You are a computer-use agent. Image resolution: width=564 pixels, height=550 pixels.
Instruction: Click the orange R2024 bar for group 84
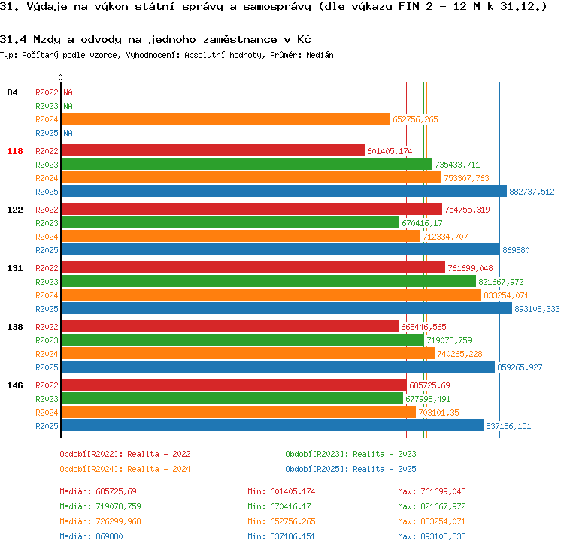pyautogui.click(x=226, y=119)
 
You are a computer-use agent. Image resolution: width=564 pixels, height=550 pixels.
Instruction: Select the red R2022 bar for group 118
pyautogui.click(x=213, y=150)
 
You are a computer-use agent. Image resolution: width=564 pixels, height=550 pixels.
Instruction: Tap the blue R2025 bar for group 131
pyautogui.click(x=287, y=308)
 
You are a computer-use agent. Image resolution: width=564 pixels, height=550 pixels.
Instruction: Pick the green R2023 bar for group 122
pyautogui.click(x=230, y=223)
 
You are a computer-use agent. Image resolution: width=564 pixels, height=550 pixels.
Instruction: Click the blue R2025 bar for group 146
pyautogui.click(x=272, y=425)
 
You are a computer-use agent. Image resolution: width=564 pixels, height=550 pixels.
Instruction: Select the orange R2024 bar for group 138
pyautogui.click(x=248, y=353)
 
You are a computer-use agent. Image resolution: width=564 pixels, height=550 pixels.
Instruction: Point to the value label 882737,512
pyautogui.click(x=532, y=192)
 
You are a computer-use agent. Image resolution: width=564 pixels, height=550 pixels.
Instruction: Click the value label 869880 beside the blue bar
pyautogui.click(x=516, y=250)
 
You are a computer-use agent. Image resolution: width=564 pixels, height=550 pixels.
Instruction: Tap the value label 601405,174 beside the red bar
pyautogui.click(x=390, y=151)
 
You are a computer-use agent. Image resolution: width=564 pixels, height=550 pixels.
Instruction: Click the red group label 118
pyautogui.click(x=15, y=151)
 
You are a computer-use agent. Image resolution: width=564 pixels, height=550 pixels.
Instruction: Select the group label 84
pyautogui.click(x=12, y=92)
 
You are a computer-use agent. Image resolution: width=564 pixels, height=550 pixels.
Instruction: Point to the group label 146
pyautogui.click(x=15, y=385)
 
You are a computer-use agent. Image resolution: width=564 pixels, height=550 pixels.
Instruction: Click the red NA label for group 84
pyautogui.click(x=68, y=92)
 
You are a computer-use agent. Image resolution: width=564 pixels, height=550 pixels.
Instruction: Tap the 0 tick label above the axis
pyautogui.click(x=60, y=77)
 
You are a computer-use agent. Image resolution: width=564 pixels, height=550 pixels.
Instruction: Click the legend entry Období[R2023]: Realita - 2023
pyautogui.click(x=350, y=454)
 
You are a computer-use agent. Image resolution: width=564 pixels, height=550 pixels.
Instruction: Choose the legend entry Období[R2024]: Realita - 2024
pyautogui.click(x=125, y=469)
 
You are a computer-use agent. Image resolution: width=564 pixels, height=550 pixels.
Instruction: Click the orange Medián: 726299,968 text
pyautogui.click(x=100, y=521)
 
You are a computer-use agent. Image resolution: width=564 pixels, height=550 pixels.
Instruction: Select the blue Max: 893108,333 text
pyautogui.click(x=432, y=536)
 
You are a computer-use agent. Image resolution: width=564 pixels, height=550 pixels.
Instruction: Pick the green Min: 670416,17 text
pyautogui.click(x=279, y=506)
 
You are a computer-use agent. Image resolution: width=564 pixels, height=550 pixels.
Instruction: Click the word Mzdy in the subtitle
pyautogui.click(x=47, y=40)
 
